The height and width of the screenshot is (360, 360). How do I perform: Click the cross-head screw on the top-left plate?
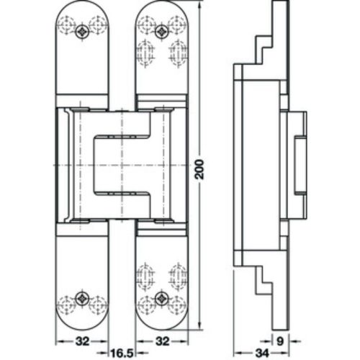tap(84, 31)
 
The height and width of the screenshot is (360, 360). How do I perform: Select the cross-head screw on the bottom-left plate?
tap(84, 297)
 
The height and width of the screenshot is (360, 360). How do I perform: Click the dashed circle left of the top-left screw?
tap(69, 31)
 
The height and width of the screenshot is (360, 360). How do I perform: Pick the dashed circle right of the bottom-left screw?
tap(98, 297)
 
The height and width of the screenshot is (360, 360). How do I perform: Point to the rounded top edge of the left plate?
tap(83, 4)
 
